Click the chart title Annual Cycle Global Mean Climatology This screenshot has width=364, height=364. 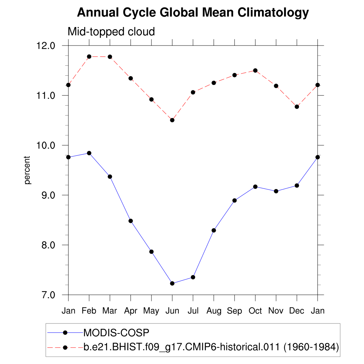193,13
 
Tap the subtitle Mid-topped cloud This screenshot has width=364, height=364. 111,32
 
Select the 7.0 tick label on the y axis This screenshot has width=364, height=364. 47,295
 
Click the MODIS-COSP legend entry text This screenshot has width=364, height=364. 116,333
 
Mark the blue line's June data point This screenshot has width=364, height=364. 172,283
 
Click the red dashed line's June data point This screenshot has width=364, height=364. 172,120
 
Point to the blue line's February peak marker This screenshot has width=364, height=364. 89,153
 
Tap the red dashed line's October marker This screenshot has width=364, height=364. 255,70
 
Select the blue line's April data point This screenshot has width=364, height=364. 131,221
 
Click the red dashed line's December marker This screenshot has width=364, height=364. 297,107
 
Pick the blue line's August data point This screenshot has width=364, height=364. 214,230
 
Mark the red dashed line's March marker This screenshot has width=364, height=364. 110,57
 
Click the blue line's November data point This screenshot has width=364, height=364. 276,191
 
